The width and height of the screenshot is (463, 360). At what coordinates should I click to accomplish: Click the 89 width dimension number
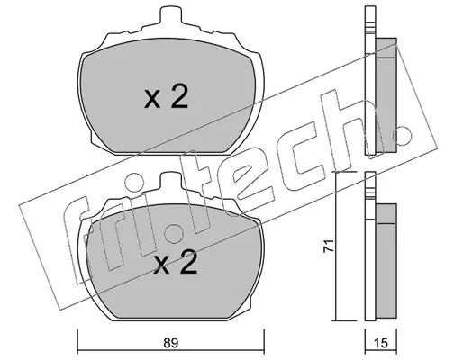point(171,343)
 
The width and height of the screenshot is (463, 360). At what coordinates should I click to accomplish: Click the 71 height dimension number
point(328,246)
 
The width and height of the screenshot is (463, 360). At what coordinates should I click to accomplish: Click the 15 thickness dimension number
point(381,343)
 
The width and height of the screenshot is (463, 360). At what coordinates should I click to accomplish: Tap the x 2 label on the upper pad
point(166,96)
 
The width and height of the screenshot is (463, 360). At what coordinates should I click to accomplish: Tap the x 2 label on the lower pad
point(175,262)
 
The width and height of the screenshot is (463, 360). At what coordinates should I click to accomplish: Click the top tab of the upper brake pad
point(171,14)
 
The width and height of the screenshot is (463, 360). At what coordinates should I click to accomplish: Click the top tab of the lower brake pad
point(171,180)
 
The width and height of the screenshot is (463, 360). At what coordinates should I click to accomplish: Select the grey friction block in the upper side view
point(386,95)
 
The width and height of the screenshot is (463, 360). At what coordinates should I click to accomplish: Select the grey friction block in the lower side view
point(386,261)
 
